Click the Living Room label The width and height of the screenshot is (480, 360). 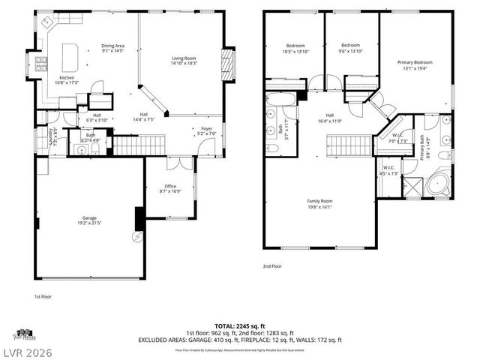(184, 61)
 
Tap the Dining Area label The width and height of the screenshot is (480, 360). (113, 49)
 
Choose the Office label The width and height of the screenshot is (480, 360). (170, 188)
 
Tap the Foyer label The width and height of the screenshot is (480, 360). (206, 131)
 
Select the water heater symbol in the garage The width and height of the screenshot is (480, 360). (137, 238)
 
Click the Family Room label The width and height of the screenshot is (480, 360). (320, 203)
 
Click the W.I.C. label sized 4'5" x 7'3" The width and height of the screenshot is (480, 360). (389, 169)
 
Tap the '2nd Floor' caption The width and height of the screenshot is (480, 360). (271, 265)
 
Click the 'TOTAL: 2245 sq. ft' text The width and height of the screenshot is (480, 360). (239, 326)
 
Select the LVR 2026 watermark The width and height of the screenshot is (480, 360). (31, 349)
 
